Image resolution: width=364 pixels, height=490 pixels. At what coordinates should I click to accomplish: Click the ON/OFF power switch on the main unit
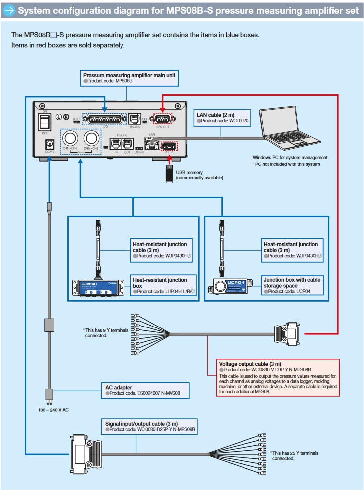pyautogui.click(x=46, y=122)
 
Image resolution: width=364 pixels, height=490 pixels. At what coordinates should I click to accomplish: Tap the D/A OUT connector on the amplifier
pyautogui.click(x=163, y=119)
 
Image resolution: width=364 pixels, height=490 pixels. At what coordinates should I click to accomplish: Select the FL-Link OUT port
pyautogui.click(x=127, y=143)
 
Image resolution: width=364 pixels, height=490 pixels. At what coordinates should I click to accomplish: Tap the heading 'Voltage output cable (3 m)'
pyautogui.click(x=250, y=364)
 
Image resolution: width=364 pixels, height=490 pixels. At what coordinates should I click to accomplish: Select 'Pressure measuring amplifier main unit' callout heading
pyautogui.click(x=129, y=75)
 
